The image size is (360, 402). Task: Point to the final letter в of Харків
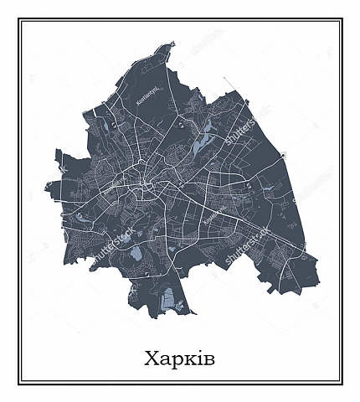208,359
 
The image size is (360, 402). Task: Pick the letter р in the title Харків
176,360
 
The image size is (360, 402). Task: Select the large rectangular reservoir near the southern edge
167,296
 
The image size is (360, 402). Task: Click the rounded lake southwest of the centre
135,253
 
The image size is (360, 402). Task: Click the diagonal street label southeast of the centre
215,215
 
